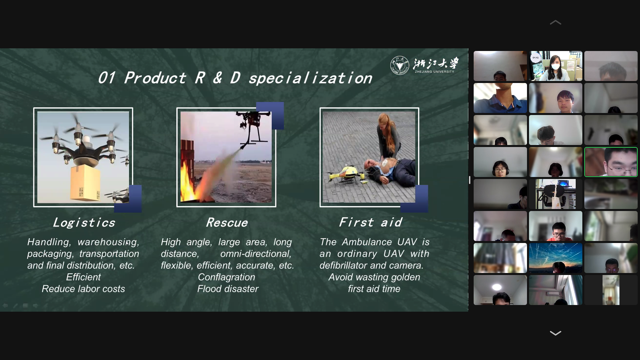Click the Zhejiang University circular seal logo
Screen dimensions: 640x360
[399, 65]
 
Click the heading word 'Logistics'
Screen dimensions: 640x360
[84, 222]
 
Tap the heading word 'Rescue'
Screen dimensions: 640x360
[227, 222]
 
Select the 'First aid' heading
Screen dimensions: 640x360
[370, 222]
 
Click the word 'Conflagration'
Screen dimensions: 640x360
[226, 277]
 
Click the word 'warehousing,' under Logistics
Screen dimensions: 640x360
[108, 242]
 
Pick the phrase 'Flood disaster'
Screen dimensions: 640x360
[228, 289]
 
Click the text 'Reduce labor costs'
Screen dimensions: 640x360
[83, 289]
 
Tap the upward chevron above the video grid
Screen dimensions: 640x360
[555, 22]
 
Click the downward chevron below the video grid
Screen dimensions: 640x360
[555, 333]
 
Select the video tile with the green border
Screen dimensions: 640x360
[611, 162]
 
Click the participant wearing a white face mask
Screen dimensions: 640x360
[555, 66]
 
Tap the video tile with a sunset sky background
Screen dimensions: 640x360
[555, 258]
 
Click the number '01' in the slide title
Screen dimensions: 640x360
[107, 78]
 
